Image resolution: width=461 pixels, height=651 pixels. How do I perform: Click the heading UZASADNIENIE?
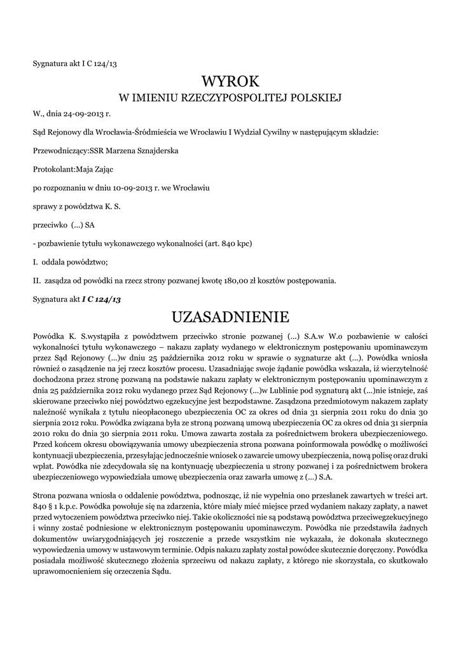[x=230, y=316]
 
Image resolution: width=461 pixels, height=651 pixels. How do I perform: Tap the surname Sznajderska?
[x=156, y=151]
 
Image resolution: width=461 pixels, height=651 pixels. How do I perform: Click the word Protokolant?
[x=53, y=170]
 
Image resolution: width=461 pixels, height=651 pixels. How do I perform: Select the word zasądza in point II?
[x=58, y=280]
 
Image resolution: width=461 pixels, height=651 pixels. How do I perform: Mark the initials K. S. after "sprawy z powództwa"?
[x=113, y=207]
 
